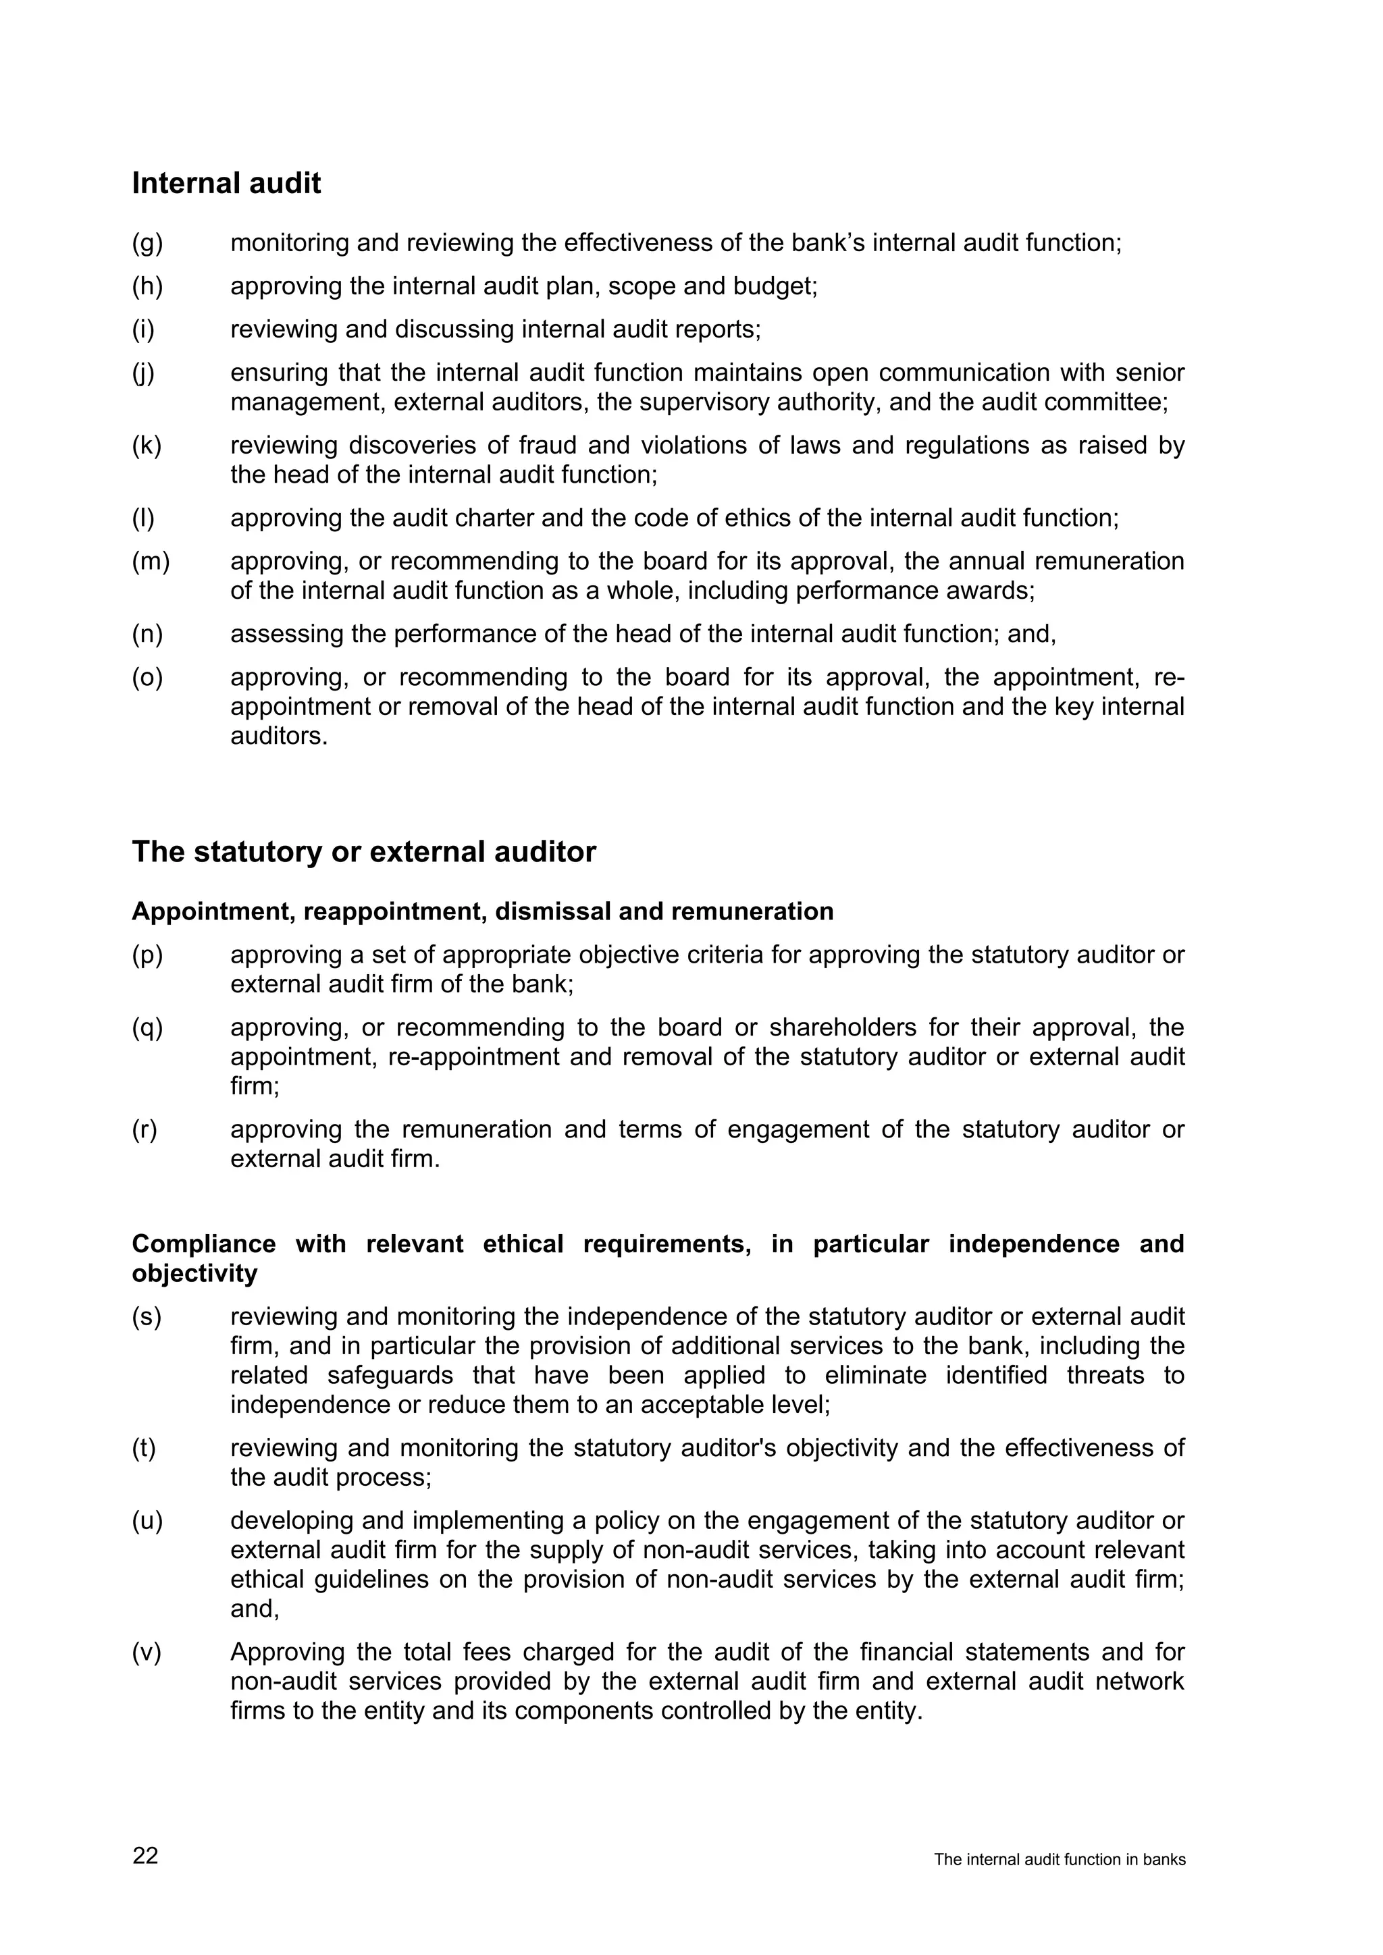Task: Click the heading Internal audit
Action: [226, 183]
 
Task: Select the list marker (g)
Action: [147, 244]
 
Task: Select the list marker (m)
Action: [151, 561]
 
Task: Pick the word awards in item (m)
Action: [996, 591]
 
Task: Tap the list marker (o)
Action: [147, 677]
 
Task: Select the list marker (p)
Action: [147, 955]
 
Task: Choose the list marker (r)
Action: [145, 1129]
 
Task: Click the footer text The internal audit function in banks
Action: [1060, 1860]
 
